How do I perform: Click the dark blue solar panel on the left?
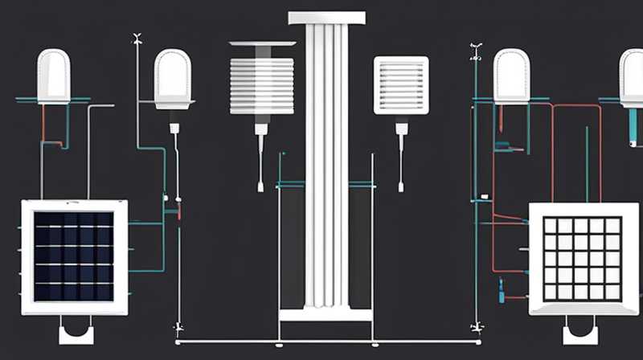click(x=74, y=256)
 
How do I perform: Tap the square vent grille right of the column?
click(x=401, y=85)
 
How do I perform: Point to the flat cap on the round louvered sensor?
click(x=262, y=43)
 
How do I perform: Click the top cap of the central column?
click(x=326, y=18)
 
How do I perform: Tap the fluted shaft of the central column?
click(x=326, y=161)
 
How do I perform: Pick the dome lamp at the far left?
click(x=54, y=77)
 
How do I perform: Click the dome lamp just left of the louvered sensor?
click(x=174, y=79)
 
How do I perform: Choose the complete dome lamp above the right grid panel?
click(x=512, y=77)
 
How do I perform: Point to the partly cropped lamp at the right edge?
click(x=633, y=77)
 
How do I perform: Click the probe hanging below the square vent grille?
click(x=401, y=157)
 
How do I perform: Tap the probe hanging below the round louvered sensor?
click(x=260, y=157)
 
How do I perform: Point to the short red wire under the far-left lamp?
click(x=43, y=122)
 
